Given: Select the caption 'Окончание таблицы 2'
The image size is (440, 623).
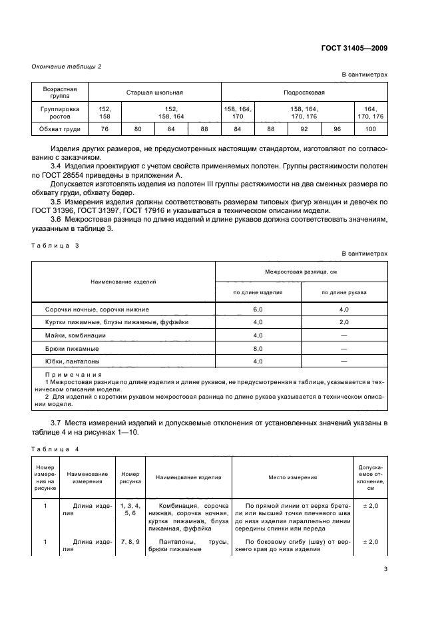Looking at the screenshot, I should [x=67, y=65].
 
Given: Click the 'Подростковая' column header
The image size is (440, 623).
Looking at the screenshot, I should [x=304, y=93].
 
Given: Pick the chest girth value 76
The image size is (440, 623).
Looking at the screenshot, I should [x=105, y=129].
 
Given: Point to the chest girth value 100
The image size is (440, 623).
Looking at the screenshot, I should [x=371, y=129].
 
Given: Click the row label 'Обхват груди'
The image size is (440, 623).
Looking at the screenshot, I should [x=60, y=129].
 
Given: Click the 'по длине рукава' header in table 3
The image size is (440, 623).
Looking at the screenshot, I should [x=344, y=292].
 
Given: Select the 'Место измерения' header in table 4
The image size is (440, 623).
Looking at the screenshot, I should [x=293, y=477].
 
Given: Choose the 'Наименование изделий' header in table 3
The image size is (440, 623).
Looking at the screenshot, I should [x=124, y=282].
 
